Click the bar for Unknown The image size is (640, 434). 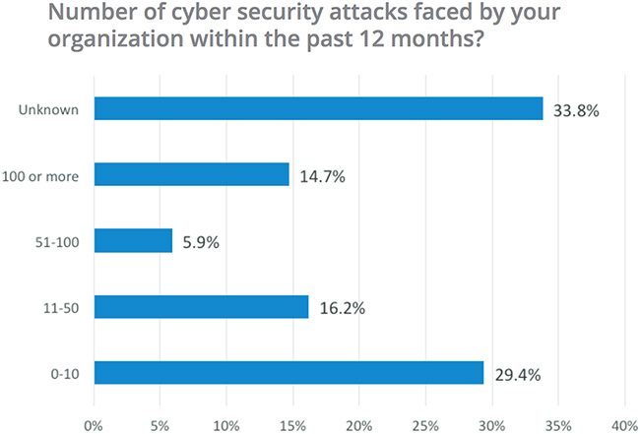click(318, 108)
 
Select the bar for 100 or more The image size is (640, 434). click(192, 174)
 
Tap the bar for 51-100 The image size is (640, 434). click(133, 240)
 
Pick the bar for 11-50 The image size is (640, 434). click(201, 307)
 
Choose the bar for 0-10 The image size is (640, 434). click(288, 373)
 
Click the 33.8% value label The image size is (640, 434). click(575, 109)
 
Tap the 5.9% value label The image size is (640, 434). click(199, 241)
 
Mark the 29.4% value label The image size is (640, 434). click(517, 374)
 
